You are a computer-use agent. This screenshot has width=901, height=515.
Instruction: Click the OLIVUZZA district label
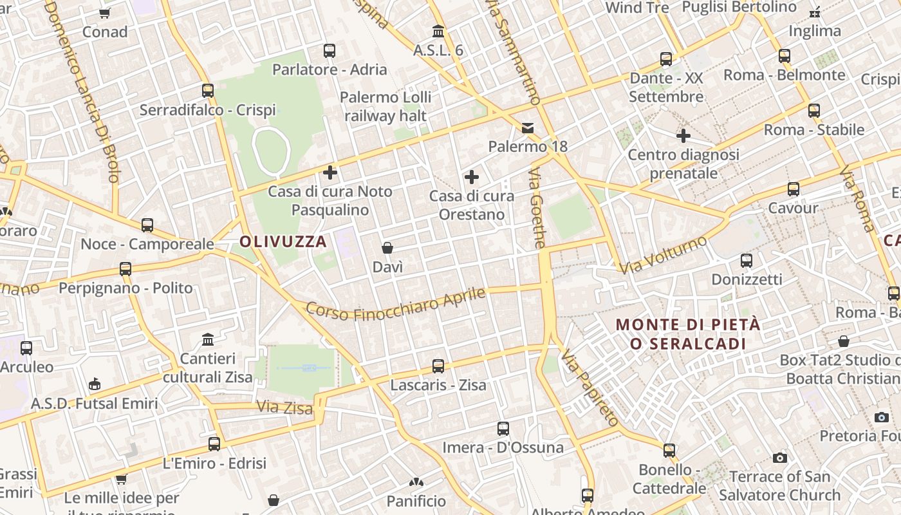point(283,242)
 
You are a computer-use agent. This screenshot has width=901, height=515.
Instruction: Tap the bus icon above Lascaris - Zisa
point(438,366)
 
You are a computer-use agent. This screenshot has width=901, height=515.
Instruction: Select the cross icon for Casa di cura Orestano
point(472,177)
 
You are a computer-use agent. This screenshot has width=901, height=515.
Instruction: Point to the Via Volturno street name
point(664,254)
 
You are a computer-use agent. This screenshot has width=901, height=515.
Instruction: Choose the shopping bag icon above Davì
point(387,248)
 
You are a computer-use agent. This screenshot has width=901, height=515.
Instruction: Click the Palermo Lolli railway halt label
point(385,107)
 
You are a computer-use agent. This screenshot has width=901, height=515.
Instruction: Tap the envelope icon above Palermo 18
point(528,127)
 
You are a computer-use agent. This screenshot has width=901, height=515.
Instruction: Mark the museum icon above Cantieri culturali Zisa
point(208,339)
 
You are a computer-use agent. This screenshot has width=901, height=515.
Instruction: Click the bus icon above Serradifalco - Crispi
point(208,91)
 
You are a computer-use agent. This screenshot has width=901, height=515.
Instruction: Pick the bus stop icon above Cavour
point(794,189)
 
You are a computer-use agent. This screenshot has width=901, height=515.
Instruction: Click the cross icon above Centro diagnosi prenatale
point(683,136)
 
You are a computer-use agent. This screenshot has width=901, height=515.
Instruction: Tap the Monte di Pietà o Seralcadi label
point(688,334)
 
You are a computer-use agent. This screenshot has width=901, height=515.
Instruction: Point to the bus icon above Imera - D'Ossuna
point(503,429)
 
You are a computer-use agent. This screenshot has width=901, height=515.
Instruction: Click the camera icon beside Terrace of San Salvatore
point(780,458)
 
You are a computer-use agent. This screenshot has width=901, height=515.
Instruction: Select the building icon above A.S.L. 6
point(438,31)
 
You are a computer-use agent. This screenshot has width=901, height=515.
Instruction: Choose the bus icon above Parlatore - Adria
point(330,50)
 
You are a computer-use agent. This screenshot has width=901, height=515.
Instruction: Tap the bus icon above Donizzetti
point(747,261)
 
